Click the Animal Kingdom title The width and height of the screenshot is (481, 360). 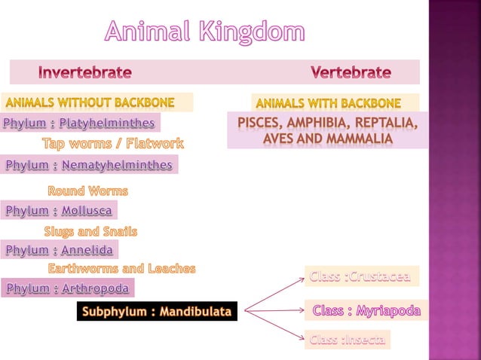pos(204,32)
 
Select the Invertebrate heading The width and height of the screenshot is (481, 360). pos(84,73)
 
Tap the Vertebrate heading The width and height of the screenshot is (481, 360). pos(351,73)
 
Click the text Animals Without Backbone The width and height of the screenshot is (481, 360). pos(90,102)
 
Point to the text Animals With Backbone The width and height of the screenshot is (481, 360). pos(327,102)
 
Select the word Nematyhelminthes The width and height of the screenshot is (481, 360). pos(117,164)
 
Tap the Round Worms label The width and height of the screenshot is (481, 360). pos(87,191)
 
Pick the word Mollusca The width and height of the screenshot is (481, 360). pos(87,210)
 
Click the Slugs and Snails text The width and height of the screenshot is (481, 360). pos(90,231)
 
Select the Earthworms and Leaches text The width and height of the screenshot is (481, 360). pos(122,268)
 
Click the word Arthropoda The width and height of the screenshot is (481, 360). pos(95,288)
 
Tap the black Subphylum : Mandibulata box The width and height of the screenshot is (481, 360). pos(158,311)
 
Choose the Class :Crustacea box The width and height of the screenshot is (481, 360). pos(360,276)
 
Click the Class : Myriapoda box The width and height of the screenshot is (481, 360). pos(366,310)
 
